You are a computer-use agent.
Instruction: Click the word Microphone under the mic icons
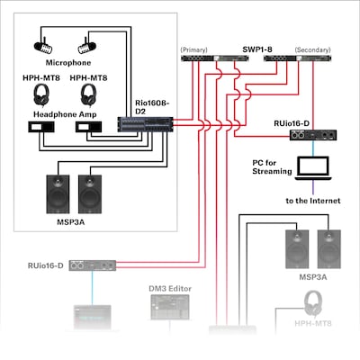[63, 64]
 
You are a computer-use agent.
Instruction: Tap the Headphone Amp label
[64, 114]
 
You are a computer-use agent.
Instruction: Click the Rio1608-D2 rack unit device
[143, 127]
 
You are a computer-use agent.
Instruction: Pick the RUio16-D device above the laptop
[308, 135]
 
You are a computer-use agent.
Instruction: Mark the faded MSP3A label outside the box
[310, 277]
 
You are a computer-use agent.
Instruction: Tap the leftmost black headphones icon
[42, 94]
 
